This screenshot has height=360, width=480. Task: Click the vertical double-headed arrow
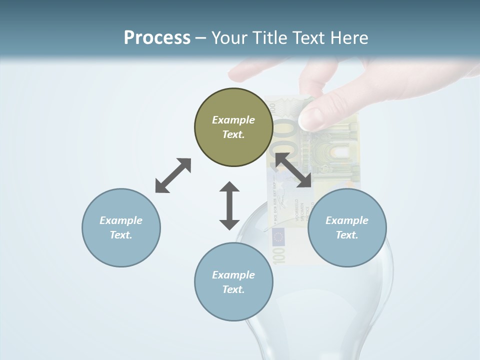(229, 205)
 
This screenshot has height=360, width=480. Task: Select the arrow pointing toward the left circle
(173, 175)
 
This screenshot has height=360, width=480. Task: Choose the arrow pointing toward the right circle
(293, 170)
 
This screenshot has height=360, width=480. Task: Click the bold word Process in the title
(157, 37)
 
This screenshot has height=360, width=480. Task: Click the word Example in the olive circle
(233, 120)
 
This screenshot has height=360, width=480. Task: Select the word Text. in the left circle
(121, 235)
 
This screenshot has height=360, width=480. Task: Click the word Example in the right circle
(347, 220)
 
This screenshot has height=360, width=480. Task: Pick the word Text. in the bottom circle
(233, 289)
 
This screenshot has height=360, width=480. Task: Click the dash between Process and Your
(201, 38)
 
